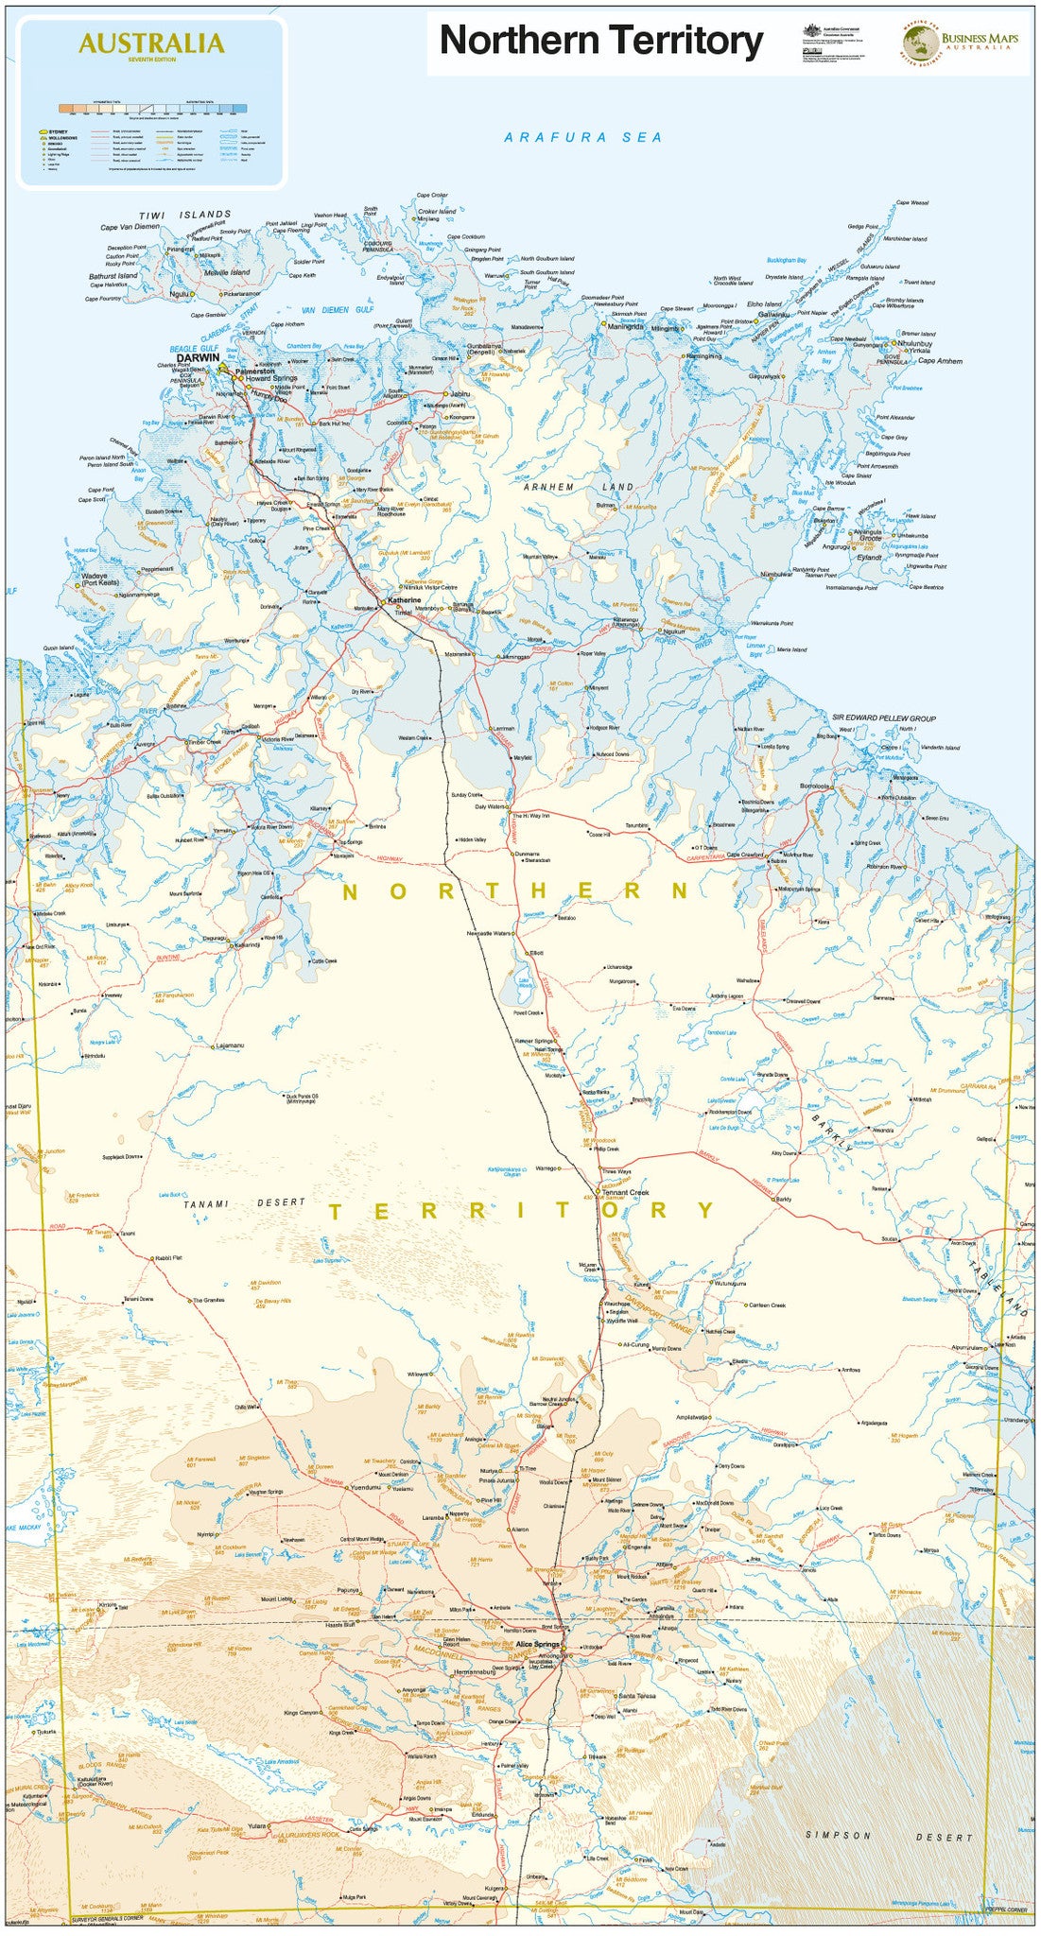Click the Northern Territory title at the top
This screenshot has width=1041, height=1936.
point(601,41)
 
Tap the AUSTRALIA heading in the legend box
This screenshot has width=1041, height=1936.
point(151,43)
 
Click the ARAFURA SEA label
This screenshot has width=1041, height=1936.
point(583,137)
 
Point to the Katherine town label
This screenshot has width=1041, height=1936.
point(404,599)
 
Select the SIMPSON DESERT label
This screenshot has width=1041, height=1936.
point(889,1836)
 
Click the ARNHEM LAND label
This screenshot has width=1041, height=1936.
point(580,487)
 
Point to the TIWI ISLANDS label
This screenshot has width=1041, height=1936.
point(185,216)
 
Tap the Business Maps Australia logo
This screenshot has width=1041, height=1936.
point(964,42)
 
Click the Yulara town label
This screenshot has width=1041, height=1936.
point(253,1825)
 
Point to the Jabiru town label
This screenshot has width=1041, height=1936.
point(460,393)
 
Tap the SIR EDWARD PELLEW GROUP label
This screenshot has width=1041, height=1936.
point(884,718)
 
